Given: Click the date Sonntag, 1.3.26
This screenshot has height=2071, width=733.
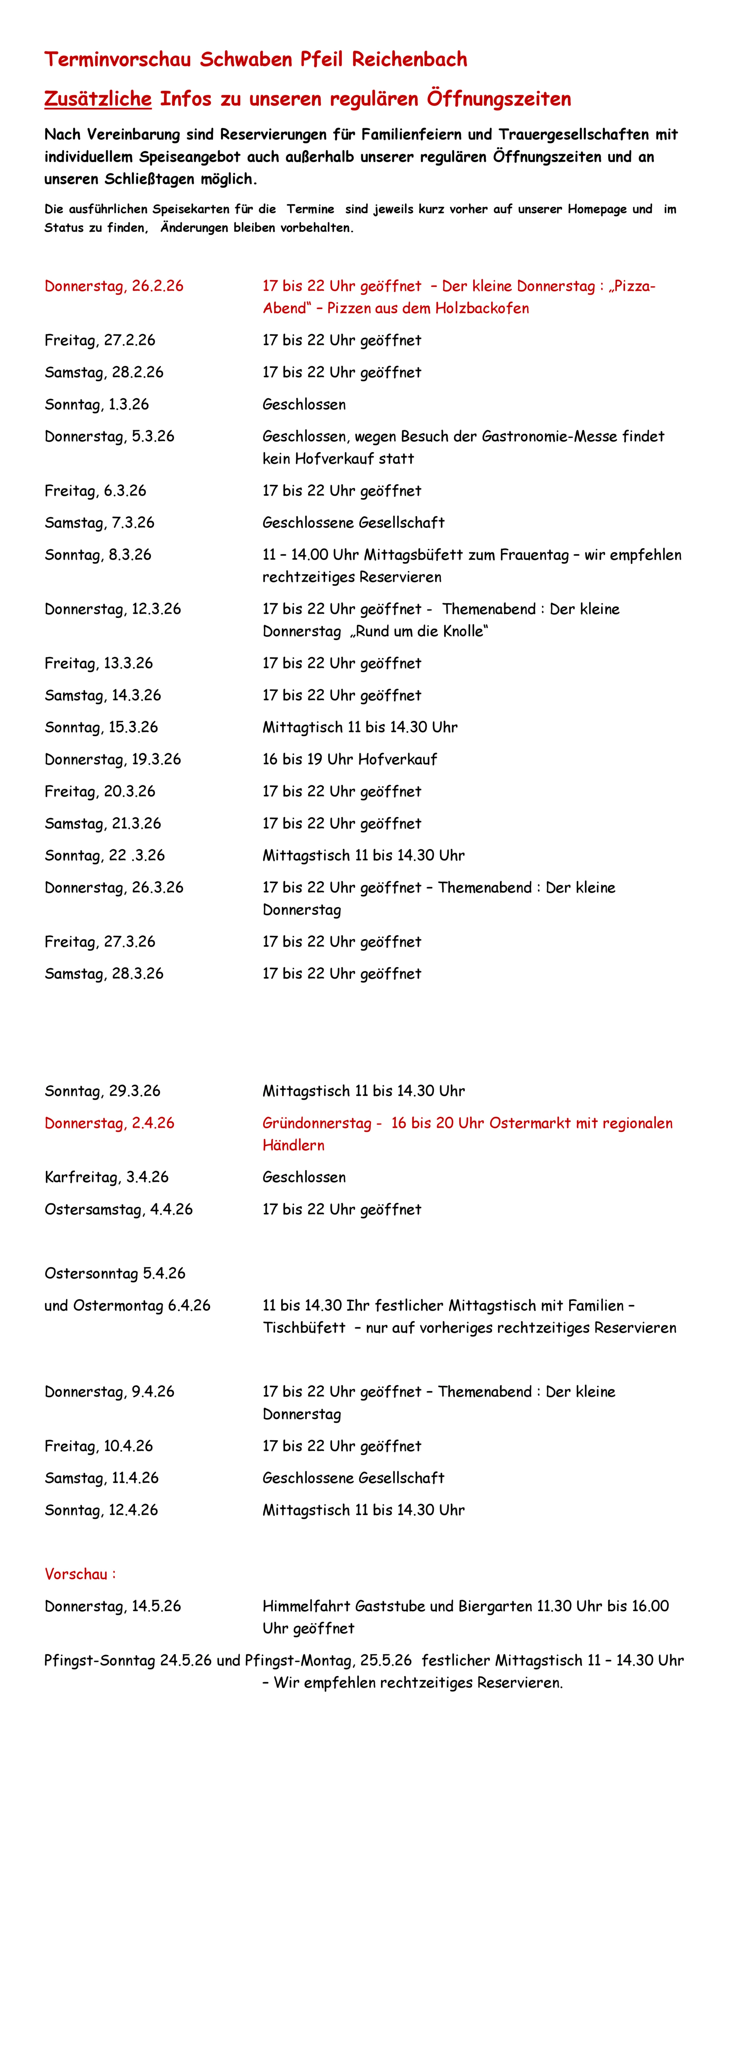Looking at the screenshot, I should (97, 404).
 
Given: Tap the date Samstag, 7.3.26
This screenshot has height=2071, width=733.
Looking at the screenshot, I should (99, 522).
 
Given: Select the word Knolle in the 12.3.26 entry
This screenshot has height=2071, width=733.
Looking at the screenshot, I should (464, 631).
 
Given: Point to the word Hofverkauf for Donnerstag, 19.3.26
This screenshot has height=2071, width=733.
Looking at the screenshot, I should (399, 759).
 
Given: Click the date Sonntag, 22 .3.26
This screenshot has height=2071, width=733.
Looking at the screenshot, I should (105, 855).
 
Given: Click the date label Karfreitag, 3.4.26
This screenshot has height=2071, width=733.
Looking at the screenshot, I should (106, 1177).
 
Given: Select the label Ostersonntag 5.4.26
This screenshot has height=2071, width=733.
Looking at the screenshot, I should (114, 1273).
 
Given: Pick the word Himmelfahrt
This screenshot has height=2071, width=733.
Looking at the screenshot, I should (307, 1606).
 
